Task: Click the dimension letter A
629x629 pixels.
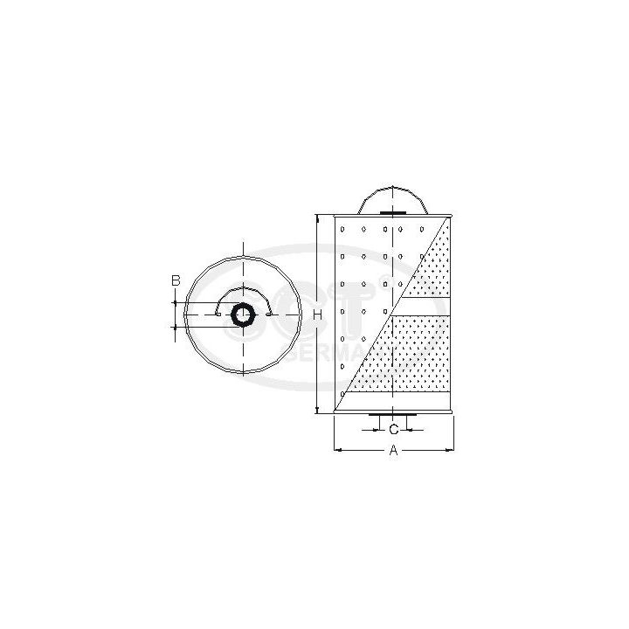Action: tap(393, 451)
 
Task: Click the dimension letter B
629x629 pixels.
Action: tap(176, 280)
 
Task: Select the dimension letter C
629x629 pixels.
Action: tap(394, 429)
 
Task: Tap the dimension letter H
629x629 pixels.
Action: tap(319, 314)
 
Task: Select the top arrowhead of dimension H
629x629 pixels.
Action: tap(315, 218)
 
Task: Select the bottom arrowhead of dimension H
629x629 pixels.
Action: tap(315, 408)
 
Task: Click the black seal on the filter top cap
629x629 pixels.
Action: tap(394, 213)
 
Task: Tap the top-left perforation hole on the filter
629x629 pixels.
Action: tap(345, 229)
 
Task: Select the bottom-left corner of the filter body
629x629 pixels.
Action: tap(335, 411)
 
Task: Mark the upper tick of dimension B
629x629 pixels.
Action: tap(176, 301)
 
